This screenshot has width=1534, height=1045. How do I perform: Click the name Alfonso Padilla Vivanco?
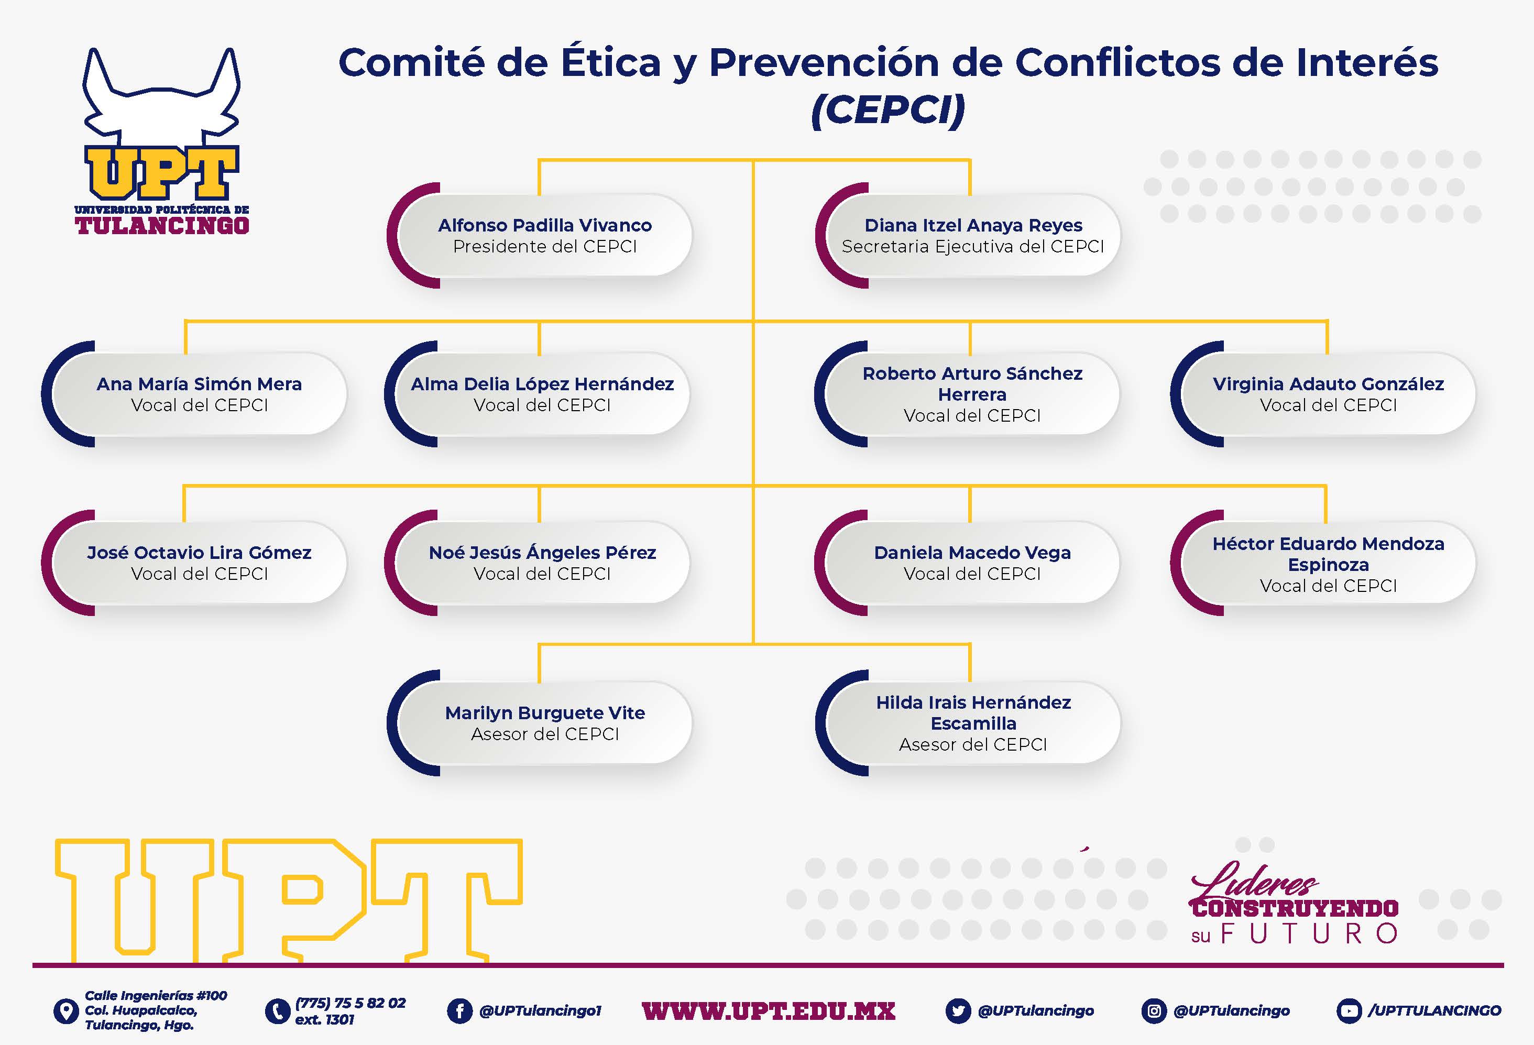[x=544, y=225]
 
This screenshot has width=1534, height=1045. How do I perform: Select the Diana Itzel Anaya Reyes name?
[x=973, y=225]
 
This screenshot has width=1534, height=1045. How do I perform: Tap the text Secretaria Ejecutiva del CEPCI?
[x=973, y=246]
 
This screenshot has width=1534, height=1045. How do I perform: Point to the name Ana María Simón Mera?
[x=199, y=383]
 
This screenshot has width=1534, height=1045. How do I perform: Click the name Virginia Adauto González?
[x=1328, y=383]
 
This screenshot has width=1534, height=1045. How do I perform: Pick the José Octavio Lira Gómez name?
[x=199, y=552]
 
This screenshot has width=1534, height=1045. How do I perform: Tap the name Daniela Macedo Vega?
[x=972, y=553]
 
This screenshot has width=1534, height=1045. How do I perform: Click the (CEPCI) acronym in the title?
[x=889, y=109]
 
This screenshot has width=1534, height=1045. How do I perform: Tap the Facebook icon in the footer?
[x=460, y=1010]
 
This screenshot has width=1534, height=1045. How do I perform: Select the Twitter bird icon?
[x=958, y=1010]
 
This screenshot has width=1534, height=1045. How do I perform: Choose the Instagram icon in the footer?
[x=1154, y=1010]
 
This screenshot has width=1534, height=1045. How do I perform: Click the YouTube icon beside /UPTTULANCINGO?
[x=1349, y=1010]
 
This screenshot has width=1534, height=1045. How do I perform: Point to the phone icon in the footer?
[x=277, y=1010]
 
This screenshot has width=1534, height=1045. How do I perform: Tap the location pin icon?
[x=65, y=1010]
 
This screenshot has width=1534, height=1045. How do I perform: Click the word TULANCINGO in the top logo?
[x=162, y=225]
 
